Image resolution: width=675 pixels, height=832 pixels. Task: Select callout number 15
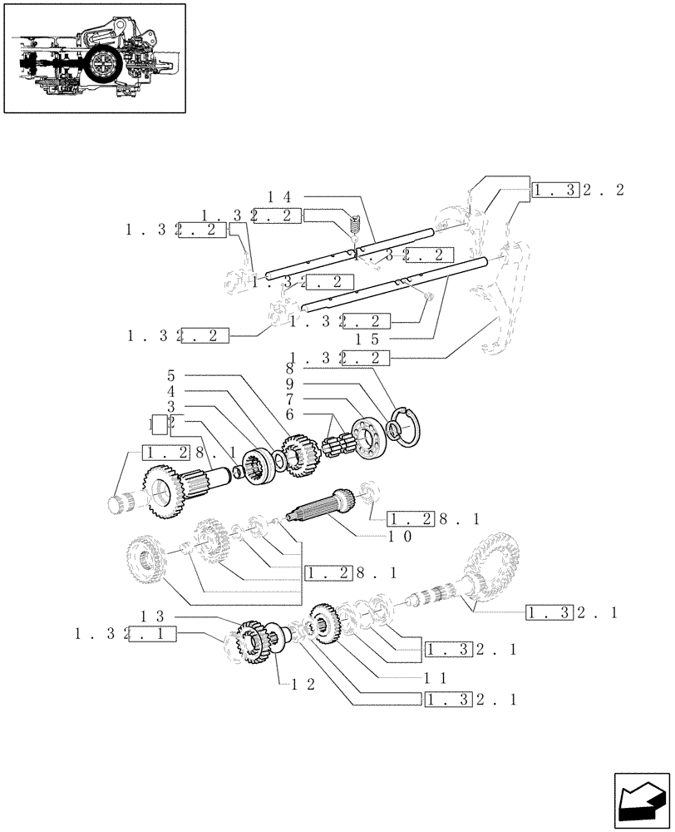(367, 339)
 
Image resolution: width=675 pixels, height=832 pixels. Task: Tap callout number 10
(400, 537)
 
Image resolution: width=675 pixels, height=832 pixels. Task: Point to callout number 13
(150, 617)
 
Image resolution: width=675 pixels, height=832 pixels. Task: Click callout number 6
(289, 414)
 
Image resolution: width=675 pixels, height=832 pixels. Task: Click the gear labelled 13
(250, 642)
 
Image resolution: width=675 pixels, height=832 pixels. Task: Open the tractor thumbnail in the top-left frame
(94, 58)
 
